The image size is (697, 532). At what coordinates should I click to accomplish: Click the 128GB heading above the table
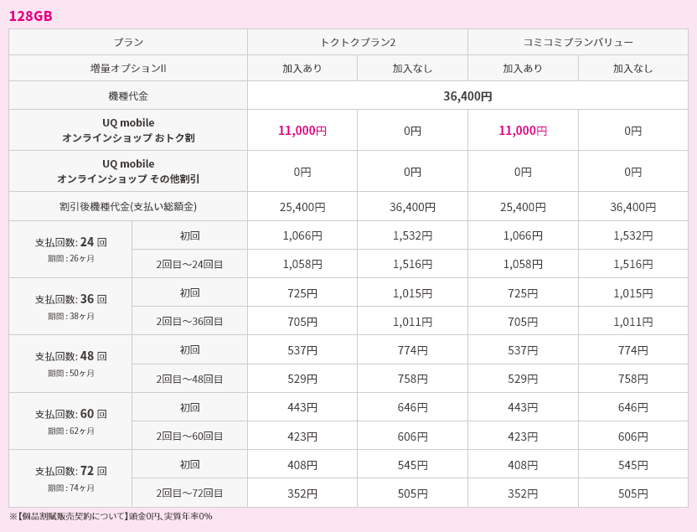pyautogui.click(x=31, y=16)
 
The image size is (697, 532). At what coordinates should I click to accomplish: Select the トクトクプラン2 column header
pyautogui.click(x=358, y=42)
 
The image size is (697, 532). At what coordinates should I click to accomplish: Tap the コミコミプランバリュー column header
pyautogui.click(x=578, y=42)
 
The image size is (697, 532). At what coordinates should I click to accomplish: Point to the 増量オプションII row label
pyautogui.click(x=128, y=68)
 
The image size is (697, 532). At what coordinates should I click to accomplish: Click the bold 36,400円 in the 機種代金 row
pyautogui.click(x=467, y=96)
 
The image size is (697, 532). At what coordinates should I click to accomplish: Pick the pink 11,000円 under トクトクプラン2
pyautogui.click(x=302, y=130)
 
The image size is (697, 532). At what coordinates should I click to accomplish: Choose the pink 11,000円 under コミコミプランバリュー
pyautogui.click(x=523, y=130)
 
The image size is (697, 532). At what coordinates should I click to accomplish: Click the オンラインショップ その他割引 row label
pyautogui.click(x=128, y=178)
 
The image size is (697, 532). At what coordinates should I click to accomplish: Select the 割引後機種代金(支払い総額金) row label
pyautogui.click(x=128, y=206)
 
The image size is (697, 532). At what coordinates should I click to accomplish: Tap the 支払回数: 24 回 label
pyautogui.click(x=70, y=242)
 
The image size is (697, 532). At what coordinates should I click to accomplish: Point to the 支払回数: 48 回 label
pyautogui.click(x=70, y=356)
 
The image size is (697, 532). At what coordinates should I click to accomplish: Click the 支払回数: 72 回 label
pyautogui.click(x=70, y=471)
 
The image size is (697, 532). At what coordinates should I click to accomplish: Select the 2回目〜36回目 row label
pyautogui.click(x=189, y=321)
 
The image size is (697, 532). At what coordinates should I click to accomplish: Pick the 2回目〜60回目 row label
pyautogui.click(x=189, y=436)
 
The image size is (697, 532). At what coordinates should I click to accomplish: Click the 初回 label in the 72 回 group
pyautogui.click(x=189, y=464)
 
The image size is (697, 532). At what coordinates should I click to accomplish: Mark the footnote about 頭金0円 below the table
pyautogui.click(x=111, y=516)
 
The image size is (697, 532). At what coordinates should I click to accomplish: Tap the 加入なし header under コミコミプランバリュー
pyautogui.click(x=632, y=68)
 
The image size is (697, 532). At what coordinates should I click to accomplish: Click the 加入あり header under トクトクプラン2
pyautogui.click(x=302, y=68)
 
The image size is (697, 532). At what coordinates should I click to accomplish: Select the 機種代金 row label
pyautogui.click(x=128, y=96)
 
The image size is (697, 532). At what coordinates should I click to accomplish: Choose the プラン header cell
pyautogui.click(x=128, y=42)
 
